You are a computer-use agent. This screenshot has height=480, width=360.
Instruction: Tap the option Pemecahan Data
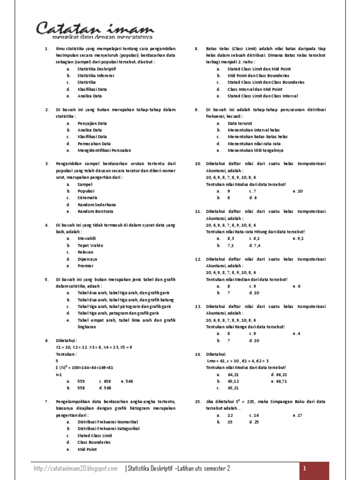[94, 144]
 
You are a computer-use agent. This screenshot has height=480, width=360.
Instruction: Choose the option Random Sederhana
[97, 205]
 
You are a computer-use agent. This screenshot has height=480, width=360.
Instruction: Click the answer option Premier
[85, 266]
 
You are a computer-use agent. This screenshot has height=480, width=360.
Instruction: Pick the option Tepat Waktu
[90, 245]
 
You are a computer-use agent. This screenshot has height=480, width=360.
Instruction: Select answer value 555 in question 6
[81, 382]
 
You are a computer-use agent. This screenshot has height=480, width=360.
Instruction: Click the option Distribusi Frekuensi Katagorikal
[108, 429]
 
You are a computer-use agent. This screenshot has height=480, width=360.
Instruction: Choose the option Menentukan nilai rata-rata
[254, 144]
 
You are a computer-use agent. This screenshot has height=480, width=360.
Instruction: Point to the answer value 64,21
[233, 375]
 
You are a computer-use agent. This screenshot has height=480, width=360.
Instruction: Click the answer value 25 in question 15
[256, 422]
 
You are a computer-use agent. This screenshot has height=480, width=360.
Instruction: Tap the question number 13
[197, 306]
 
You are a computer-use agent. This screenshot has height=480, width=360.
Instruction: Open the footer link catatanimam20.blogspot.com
[75, 469]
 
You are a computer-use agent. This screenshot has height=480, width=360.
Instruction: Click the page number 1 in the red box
[305, 469]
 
